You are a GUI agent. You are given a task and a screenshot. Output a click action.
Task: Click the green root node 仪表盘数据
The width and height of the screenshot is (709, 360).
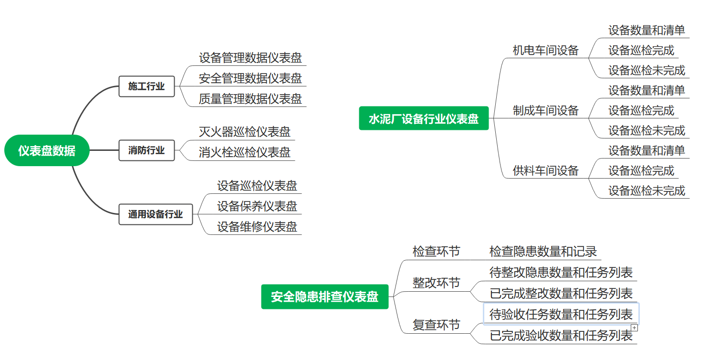coord(47,150)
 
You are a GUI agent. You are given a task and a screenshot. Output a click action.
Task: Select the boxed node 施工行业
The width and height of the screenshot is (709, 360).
coord(146,86)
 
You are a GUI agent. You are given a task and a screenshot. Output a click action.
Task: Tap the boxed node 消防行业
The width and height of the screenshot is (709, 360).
coord(146,150)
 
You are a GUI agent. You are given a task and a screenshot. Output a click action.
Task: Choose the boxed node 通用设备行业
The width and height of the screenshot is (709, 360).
coord(156,214)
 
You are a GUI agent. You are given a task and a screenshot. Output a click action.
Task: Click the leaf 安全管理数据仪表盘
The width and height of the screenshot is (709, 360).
coord(250,78)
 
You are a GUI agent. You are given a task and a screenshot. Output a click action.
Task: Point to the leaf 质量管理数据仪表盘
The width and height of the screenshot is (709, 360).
coord(250,99)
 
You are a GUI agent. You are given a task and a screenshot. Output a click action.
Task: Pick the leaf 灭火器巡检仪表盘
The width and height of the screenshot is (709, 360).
coord(244,132)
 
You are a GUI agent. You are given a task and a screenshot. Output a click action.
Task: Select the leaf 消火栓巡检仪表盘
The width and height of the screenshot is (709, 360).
coord(244,152)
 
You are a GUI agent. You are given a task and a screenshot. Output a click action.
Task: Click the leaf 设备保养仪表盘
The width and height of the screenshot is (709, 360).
coord(257,206)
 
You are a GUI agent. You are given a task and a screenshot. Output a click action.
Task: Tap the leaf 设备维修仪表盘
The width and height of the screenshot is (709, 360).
coord(257,227)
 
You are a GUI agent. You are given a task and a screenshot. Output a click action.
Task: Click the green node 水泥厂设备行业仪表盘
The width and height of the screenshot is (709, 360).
coord(424,118)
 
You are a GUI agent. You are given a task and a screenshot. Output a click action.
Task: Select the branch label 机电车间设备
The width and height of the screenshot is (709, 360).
coord(545,50)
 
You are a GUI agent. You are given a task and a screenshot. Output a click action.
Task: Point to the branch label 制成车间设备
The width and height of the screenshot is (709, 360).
coord(545,111)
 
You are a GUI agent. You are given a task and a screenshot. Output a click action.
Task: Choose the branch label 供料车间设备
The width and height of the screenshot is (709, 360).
coord(545,170)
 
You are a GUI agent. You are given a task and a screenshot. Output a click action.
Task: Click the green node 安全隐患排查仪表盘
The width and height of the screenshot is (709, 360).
coord(324,296)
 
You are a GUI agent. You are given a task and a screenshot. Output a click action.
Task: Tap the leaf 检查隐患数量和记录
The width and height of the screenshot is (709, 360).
coord(543,252)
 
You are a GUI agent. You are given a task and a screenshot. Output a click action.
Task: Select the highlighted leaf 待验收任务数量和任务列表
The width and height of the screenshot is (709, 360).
coord(561,315)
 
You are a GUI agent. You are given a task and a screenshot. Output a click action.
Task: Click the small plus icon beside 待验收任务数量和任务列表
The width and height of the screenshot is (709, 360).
coord(634,328)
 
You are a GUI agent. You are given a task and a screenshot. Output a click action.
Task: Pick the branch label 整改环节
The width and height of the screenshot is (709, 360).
coord(436,283)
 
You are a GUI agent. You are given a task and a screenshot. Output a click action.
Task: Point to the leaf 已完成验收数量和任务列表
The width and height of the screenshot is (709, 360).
coord(561,336)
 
